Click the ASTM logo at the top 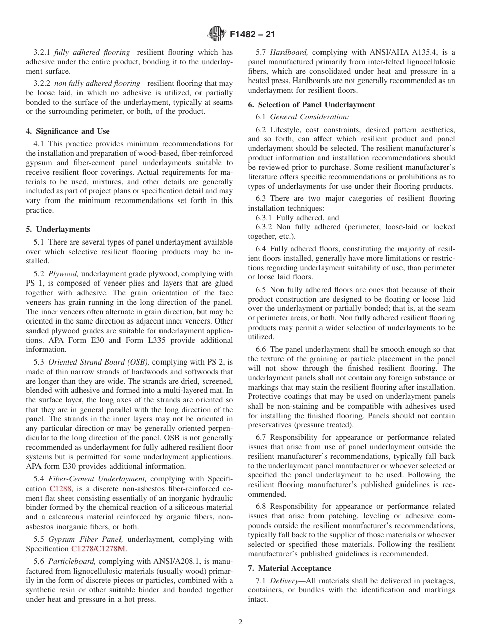point(217,35)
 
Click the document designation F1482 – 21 point(252,35)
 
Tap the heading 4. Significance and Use point(68,131)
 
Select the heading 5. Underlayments point(58,229)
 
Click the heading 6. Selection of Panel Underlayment point(311,105)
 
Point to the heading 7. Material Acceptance point(289,568)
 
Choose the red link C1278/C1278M point(98,548)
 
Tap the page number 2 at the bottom point(240,622)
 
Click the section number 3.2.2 point(42,84)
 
